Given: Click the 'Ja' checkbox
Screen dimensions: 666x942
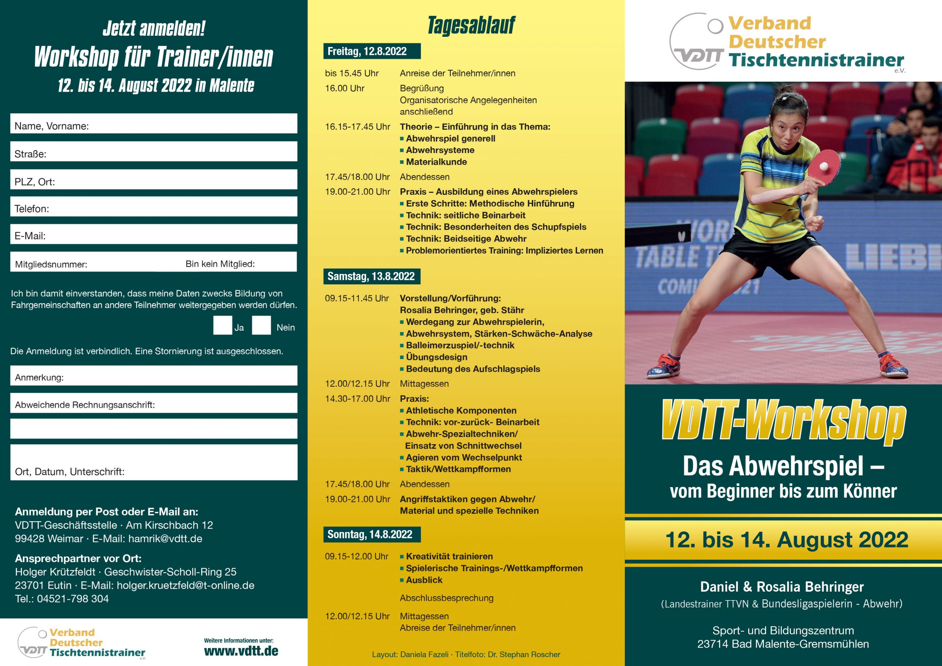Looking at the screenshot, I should tap(222, 325).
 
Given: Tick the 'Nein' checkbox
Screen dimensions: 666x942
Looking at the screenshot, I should tap(261, 325).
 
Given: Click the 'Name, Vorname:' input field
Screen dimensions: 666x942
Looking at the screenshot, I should tap(154, 124).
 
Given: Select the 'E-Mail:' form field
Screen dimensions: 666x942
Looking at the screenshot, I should tap(154, 234).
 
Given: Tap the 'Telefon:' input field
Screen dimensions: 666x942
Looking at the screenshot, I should tap(154, 206).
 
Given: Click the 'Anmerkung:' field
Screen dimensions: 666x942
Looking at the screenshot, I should tap(154, 375).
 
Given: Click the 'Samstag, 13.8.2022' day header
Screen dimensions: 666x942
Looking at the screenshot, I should tap(371, 276).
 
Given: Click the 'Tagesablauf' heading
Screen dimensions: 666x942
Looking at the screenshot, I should tap(471, 25).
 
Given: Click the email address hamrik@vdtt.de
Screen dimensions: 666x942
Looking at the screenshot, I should tap(165, 539).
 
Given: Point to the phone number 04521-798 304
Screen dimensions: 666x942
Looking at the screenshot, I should tap(72, 599).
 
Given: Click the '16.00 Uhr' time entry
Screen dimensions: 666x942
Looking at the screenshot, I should tap(345, 88).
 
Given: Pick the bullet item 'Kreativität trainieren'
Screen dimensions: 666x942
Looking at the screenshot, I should tap(449, 556).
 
